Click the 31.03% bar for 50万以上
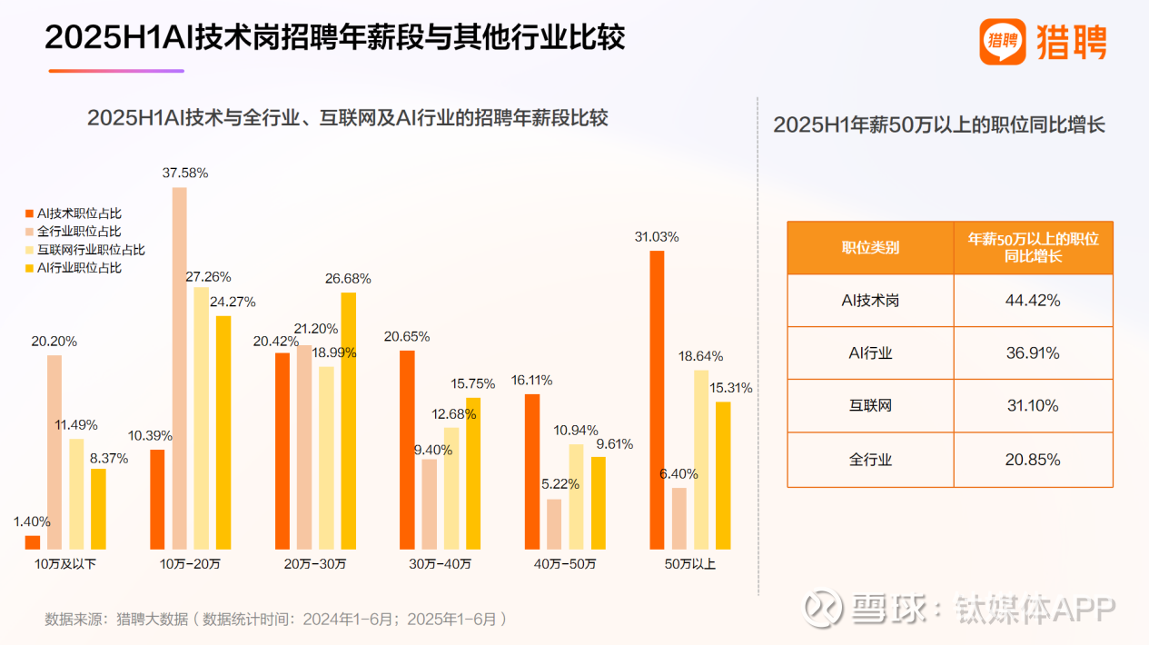coord(657,400)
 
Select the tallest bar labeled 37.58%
coord(179,368)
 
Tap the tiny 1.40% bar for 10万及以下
coord(33,542)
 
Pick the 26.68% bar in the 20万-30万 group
coord(348,421)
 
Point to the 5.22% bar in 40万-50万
coord(554,524)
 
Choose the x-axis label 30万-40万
coord(440,564)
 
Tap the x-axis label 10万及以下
coord(65,564)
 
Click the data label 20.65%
coord(406,337)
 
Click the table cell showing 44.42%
coord(1033,301)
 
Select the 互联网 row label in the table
coord(869,406)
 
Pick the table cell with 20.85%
coord(1033,460)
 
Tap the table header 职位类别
coord(869,248)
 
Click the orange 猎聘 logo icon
coord(1002,42)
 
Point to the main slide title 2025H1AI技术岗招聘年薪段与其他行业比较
coord(335,39)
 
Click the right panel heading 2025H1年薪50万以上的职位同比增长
coord(939,125)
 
